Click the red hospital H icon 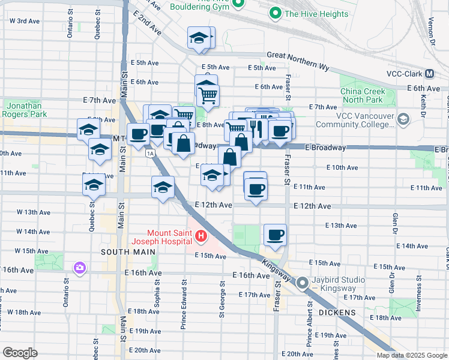click(x=200, y=238)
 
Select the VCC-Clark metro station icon click(x=429, y=74)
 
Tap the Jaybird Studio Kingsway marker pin click(x=303, y=282)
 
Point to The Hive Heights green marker click(x=276, y=13)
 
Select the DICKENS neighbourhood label click(x=337, y=313)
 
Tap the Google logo click(x=20, y=352)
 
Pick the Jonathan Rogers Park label click(x=26, y=109)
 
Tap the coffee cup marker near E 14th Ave click(x=276, y=235)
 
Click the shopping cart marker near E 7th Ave click(x=208, y=94)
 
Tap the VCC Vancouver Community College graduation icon click(x=404, y=119)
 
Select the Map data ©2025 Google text click(x=411, y=355)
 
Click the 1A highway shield click(x=150, y=154)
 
